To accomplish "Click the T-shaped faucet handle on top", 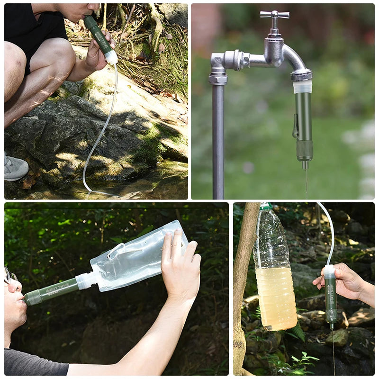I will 275,15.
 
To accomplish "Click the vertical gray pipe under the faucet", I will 218,142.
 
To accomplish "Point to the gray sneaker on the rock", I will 15,168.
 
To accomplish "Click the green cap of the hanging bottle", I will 266,207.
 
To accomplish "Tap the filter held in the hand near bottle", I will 331,298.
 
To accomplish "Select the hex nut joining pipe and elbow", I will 218,78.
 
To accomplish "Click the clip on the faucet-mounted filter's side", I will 295,128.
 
